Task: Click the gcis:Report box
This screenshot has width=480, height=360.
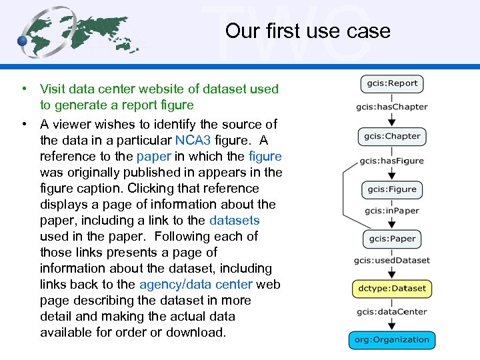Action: click(x=392, y=83)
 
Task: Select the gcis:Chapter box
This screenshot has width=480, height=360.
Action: click(x=392, y=136)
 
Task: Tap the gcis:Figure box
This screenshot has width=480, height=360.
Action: click(x=392, y=189)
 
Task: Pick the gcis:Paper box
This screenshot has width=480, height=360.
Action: click(x=392, y=238)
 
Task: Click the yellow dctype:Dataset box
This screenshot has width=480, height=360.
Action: click(x=392, y=289)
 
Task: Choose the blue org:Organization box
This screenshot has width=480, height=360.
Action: click(x=392, y=339)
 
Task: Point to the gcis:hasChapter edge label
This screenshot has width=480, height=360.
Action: click(x=392, y=107)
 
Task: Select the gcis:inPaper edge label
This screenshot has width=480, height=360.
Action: click(x=392, y=211)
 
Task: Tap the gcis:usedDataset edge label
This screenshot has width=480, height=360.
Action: click(x=392, y=260)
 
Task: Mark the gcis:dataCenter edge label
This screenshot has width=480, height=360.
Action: click(x=392, y=311)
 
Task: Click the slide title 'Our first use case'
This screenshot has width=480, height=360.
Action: click(x=307, y=31)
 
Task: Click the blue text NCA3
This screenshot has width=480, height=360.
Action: click(x=193, y=140)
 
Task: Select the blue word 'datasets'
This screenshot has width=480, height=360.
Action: click(x=234, y=220)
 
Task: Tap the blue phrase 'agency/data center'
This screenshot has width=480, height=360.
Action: click(x=195, y=284)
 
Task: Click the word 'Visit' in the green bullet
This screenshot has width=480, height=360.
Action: click(x=53, y=89)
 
